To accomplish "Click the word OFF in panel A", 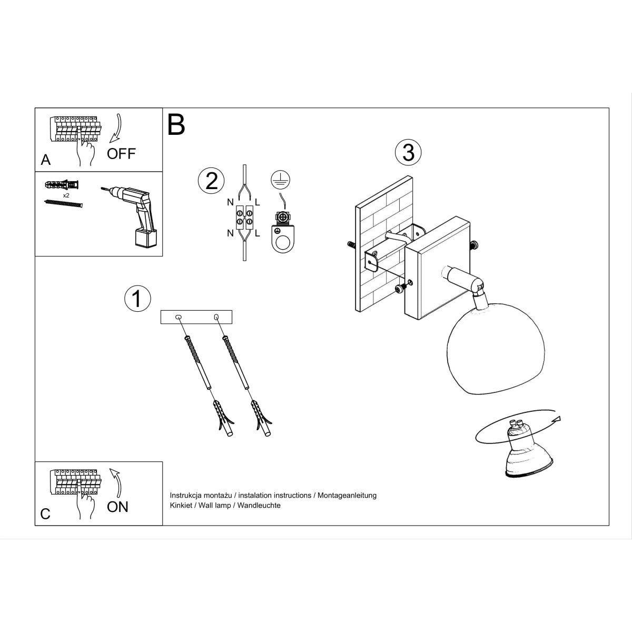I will click(121, 154).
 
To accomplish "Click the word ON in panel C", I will click(117, 507).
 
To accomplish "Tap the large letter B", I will click(176, 125).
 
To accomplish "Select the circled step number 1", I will click(137, 299).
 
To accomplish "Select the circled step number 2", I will click(211, 181).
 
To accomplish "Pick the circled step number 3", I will click(408, 152).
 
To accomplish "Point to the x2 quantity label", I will click(66, 195).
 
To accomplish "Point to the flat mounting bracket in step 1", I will click(196, 317).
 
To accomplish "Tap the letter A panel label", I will click(46, 160).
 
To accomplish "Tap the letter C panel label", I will click(45, 514).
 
